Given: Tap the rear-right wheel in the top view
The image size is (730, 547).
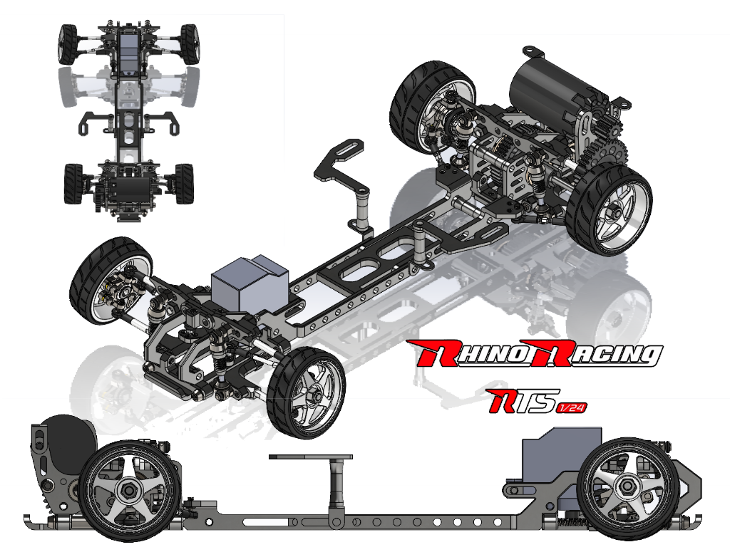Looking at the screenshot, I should pos(183,183).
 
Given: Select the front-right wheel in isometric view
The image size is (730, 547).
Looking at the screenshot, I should pos(307,392).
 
